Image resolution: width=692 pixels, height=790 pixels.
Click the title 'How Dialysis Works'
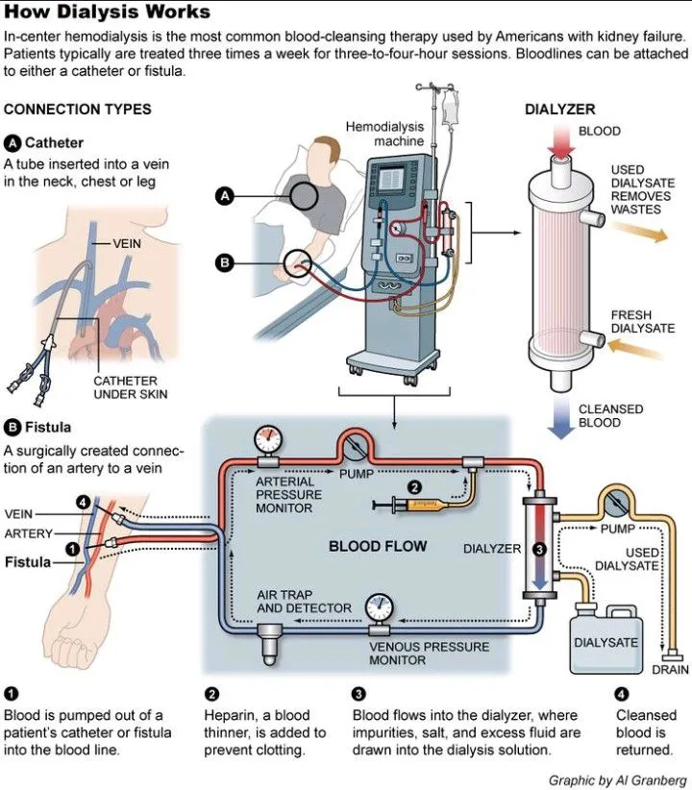(107, 12)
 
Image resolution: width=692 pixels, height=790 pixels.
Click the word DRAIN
(671, 669)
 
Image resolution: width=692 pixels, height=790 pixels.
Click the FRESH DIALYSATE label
(642, 322)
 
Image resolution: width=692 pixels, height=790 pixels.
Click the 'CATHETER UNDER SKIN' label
(131, 387)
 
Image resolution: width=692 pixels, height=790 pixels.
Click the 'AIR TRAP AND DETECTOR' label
(297, 602)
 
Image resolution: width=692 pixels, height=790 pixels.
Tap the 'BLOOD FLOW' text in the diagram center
(378, 547)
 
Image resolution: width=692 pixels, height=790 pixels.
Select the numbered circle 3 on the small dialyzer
(539, 549)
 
